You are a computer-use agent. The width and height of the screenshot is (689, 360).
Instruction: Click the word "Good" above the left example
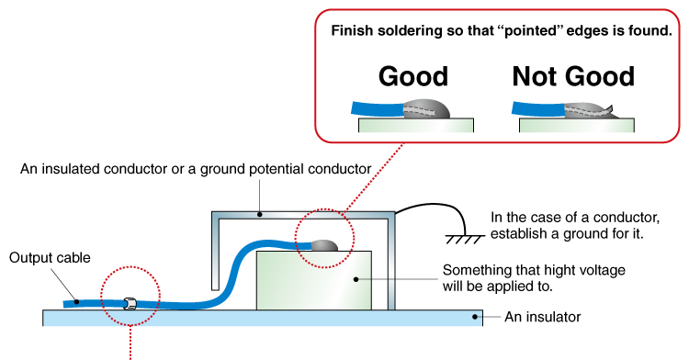pos(413,75)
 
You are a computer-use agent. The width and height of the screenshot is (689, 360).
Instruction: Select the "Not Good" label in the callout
pos(573,75)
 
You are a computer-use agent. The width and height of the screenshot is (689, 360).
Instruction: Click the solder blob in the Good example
pos(428,109)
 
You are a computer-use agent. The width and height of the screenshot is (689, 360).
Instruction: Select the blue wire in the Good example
pos(377,108)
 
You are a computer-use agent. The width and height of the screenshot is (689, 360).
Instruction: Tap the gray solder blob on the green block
pos(325,246)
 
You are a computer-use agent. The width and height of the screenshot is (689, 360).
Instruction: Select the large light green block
pos(312,280)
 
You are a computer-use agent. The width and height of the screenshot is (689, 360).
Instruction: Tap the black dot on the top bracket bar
pos(260,215)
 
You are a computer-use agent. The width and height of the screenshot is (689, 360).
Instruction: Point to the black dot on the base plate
pos(475,318)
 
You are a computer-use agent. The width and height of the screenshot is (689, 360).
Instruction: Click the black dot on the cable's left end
pos(75,301)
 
